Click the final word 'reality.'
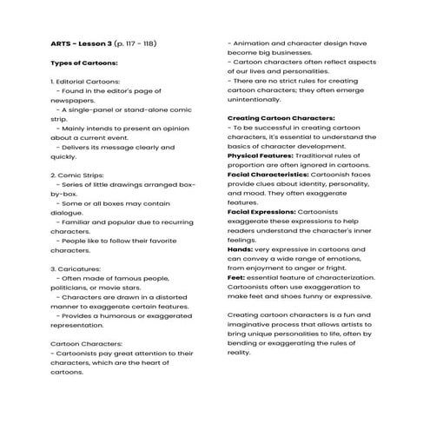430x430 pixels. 239,354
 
